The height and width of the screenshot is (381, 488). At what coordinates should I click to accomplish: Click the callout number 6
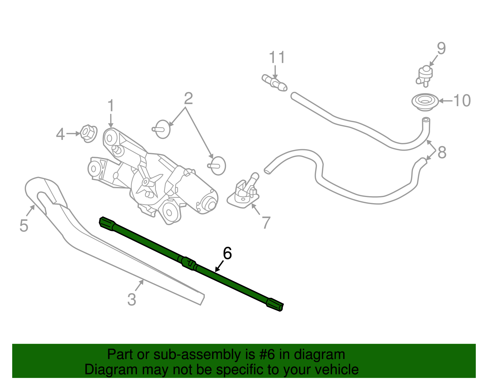point(227,253)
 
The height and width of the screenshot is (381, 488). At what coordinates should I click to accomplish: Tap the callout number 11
point(277,57)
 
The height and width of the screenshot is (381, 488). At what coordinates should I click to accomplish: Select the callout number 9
point(441,49)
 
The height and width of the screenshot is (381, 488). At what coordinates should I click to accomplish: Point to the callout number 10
point(462,101)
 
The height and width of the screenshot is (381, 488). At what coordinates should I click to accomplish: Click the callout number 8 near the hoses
point(442,152)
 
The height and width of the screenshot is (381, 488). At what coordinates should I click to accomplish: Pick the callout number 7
point(266,222)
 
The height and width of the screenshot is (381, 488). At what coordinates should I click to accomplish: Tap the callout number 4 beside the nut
point(60,134)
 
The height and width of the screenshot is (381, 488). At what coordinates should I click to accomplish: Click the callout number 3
point(132,299)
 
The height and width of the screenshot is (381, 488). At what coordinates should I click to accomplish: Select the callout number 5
point(24,226)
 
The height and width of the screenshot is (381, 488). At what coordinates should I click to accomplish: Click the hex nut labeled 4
point(88,133)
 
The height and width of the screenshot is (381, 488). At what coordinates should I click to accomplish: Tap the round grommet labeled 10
point(425,102)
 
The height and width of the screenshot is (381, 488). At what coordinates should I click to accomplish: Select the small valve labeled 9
point(425,74)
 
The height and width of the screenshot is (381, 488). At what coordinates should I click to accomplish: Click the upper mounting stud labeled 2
point(162,129)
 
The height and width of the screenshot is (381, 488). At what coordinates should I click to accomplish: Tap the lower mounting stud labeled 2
point(217,166)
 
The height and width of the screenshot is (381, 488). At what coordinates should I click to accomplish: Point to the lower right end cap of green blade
point(275,305)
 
